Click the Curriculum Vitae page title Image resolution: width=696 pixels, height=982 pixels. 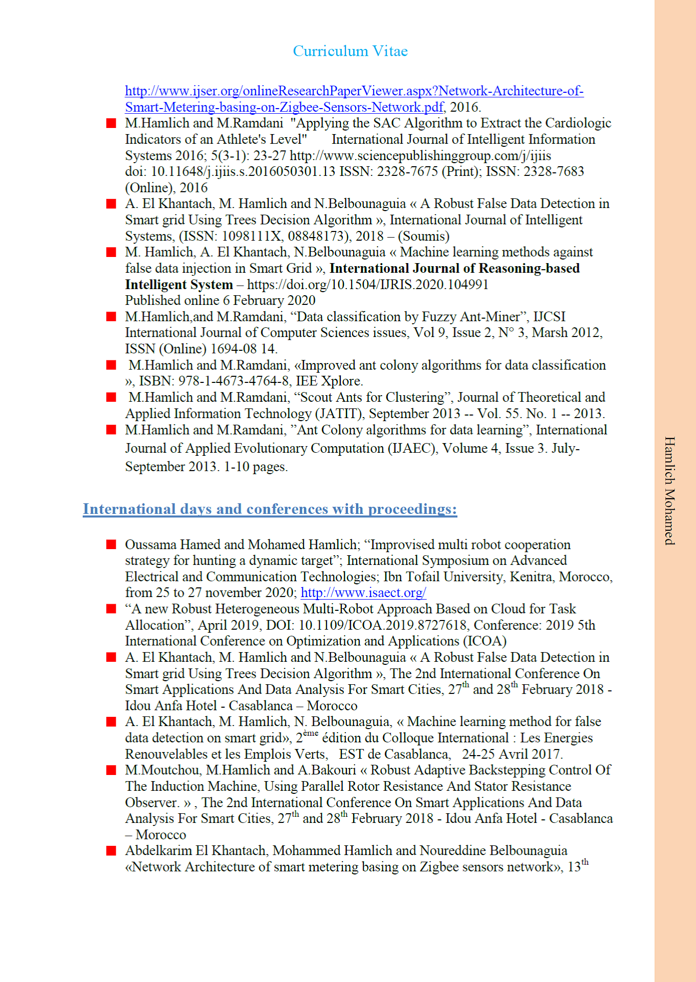pyautogui.click(x=350, y=51)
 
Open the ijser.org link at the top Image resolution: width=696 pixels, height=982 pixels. pyautogui.click(x=354, y=91)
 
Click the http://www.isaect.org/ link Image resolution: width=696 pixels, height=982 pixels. pyautogui.click(x=363, y=592)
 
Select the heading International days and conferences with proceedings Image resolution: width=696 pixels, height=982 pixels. pyautogui.click(x=269, y=509)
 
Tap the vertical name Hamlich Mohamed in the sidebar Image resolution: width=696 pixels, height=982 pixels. pyautogui.click(x=669, y=490)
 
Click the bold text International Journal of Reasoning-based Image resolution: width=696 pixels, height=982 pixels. pyautogui.click(x=454, y=268)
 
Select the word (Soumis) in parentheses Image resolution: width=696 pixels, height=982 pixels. pyautogui.click(x=424, y=236)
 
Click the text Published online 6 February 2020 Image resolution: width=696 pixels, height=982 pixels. pyautogui.click(x=220, y=300)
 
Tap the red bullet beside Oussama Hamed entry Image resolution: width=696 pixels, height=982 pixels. pyautogui.click(x=111, y=545)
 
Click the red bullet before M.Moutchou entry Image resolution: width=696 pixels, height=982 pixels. pyautogui.click(x=111, y=770)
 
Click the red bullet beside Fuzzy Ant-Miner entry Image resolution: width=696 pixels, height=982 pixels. pyautogui.click(x=111, y=317)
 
